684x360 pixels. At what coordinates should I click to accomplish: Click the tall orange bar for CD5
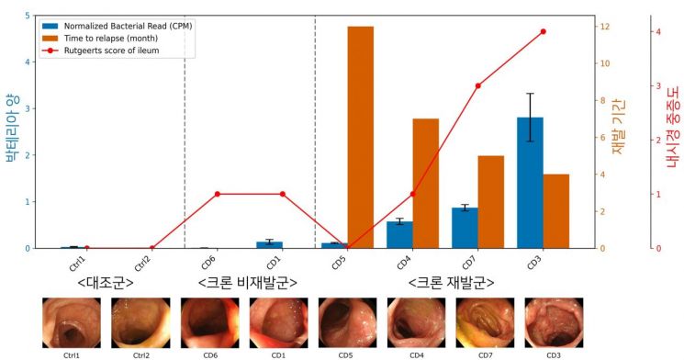[x=360, y=138]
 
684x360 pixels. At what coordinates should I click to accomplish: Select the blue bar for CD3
[x=530, y=184]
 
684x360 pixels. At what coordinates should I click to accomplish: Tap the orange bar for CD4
[x=425, y=184]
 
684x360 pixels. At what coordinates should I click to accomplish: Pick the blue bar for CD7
[x=465, y=228]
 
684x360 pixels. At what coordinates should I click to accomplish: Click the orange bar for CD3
[x=555, y=211]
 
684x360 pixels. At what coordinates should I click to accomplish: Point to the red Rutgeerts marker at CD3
[x=544, y=31]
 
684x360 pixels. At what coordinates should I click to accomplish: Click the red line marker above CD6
[x=218, y=194]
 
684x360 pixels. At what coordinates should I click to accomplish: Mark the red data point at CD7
[x=478, y=85]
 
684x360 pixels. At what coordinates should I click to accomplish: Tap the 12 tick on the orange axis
[x=603, y=27]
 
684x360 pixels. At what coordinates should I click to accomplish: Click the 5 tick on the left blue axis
[x=28, y=16]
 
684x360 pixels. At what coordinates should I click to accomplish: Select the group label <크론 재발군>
[x=452, y=283]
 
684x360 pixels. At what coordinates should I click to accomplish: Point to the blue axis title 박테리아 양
[x=11, y=129]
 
